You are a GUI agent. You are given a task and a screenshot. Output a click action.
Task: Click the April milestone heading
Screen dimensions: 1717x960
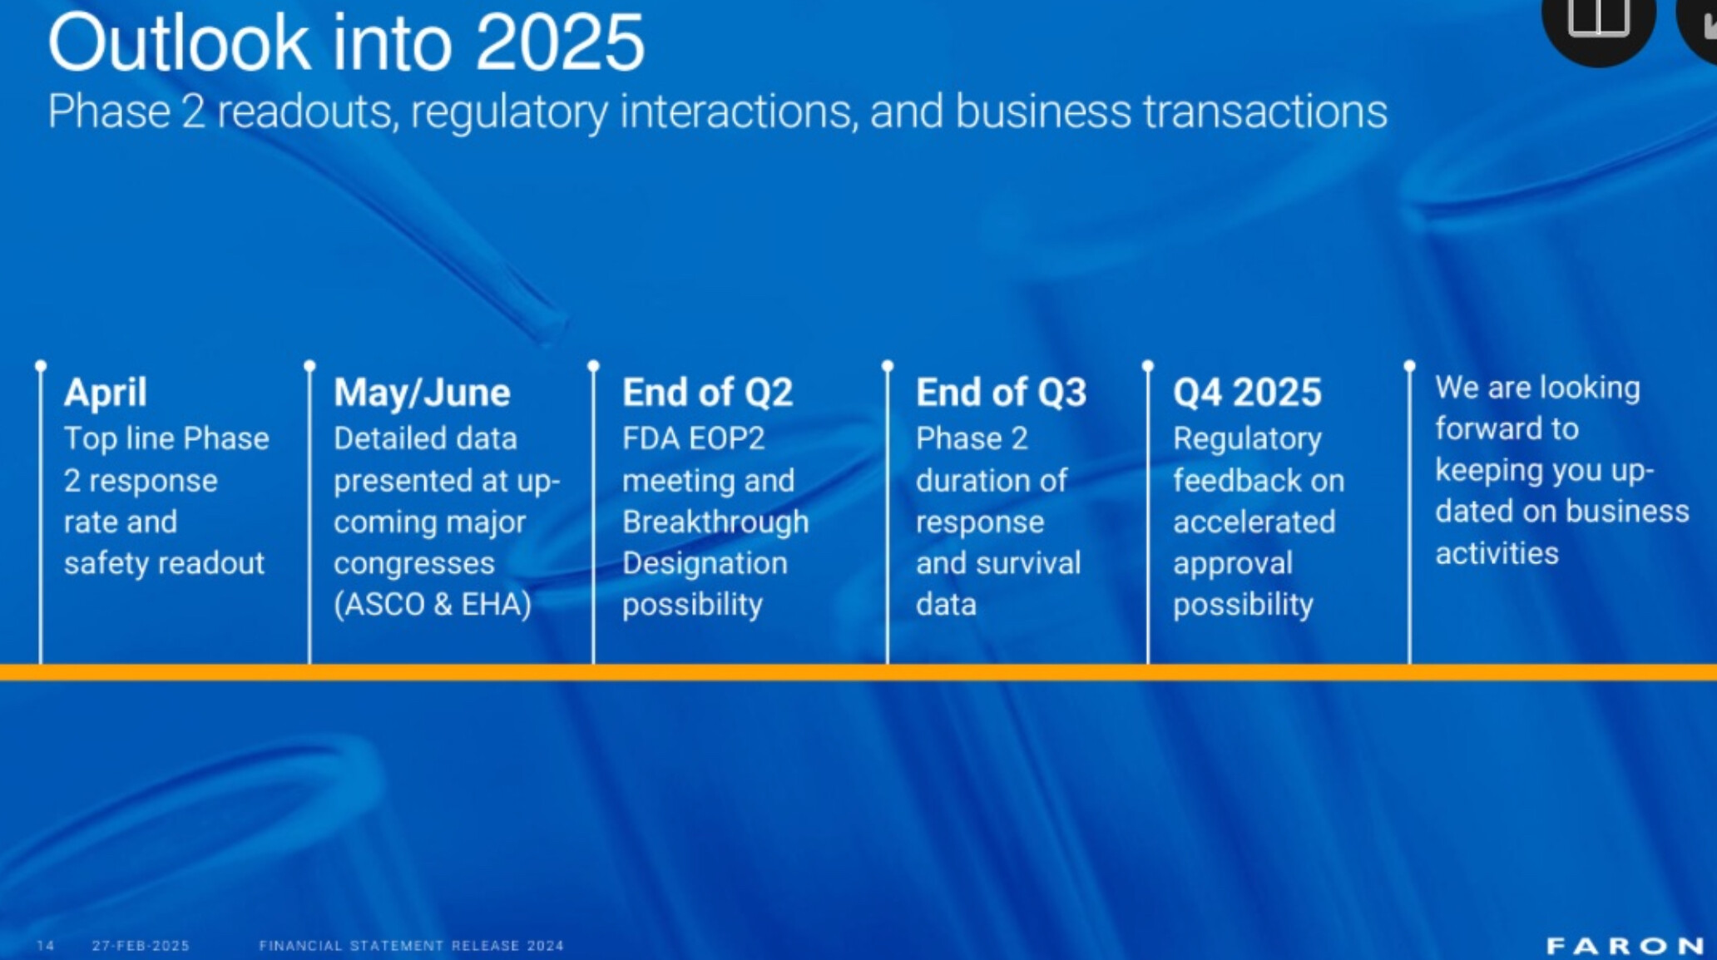coord(106,393)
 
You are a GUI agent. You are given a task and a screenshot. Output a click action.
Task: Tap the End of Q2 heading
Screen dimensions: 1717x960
coord(708,393)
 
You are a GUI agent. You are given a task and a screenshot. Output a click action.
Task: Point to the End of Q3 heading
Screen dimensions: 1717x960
coord(1001,393)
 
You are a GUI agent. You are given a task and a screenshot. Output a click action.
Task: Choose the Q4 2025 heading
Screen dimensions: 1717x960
coord(1247,393)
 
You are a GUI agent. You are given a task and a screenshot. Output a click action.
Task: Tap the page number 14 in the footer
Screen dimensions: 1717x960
coord(46,946)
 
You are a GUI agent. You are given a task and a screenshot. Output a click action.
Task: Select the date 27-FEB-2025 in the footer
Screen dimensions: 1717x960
coord(141,946)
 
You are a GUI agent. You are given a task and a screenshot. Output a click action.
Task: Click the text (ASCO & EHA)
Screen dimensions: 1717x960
coord(433,605)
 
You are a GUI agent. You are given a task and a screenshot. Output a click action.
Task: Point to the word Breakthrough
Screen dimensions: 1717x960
coord(715,522)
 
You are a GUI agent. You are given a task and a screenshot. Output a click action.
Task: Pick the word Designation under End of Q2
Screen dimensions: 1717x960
coord(705,563)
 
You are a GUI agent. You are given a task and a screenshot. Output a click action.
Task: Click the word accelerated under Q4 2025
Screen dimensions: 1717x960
coord(1254,522)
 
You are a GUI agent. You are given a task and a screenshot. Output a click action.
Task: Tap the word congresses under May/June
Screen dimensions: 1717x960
coord(414,564)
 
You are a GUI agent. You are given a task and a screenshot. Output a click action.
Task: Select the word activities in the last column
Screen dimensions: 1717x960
coord(1497,553)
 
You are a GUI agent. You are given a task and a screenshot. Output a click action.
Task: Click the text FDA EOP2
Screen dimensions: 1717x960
coord(693,438)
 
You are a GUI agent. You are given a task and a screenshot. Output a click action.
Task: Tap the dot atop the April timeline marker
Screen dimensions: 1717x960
coord(41,365)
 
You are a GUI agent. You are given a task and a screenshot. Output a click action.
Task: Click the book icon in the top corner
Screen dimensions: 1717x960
coord(1598,17)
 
